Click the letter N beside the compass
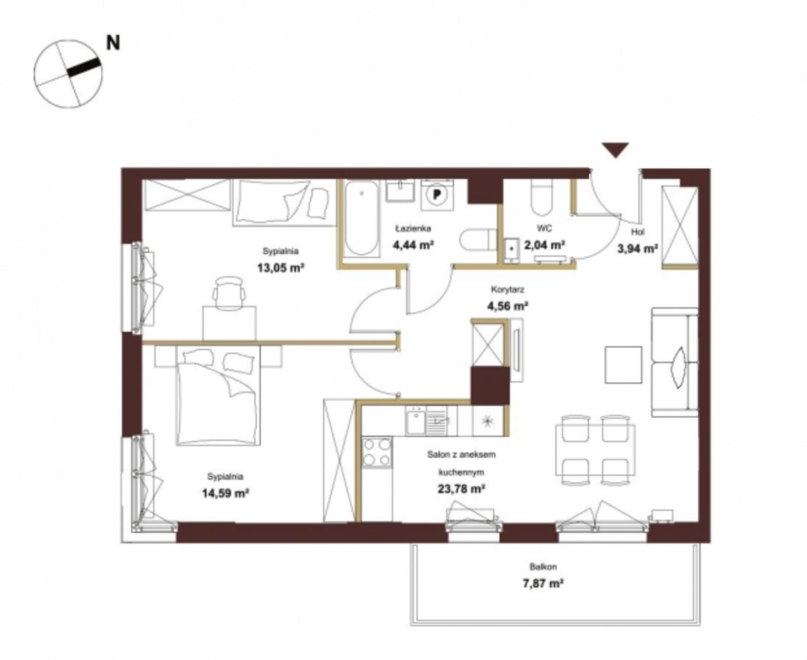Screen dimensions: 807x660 click(x=113, y=43)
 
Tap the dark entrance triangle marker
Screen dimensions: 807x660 click(x=615, y=150)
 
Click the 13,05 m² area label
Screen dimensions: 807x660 click(x=280, y=267)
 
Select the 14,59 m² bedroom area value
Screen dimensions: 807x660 click(x=225, y=493)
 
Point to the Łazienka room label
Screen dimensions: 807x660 click(x=413, y=229)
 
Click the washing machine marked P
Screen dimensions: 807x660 click(x=437, y=195)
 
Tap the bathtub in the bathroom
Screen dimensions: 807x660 click(x=362, y=218)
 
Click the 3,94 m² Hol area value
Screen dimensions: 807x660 click(x=637, y=249)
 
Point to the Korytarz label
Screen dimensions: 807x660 click(x=507, y=290)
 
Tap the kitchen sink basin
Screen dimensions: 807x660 click(x=416, y=421)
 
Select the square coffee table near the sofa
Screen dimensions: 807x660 click(x=623, y=365)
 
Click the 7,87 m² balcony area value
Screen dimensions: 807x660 click(x=543, y=594)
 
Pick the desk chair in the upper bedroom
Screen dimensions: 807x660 click(x=229, y=292)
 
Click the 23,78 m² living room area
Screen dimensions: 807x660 click(x=461, y=489)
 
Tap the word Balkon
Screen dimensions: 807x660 click(x=543, y=567)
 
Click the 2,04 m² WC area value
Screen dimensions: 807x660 click(x=545, y=245)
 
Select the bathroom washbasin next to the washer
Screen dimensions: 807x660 click(x=400, y=190)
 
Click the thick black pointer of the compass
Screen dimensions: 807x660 click(x=84, y=67)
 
